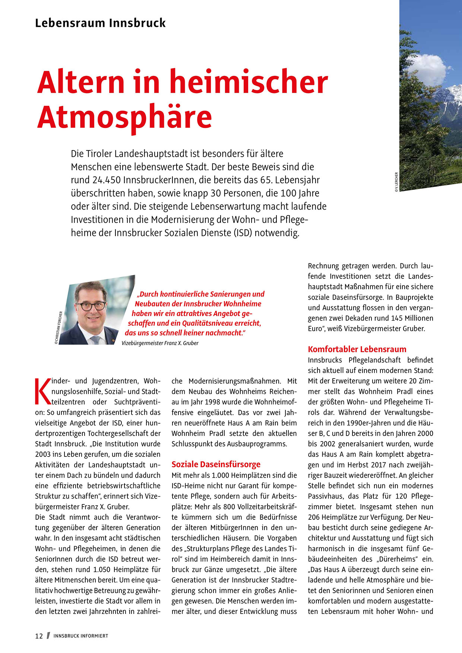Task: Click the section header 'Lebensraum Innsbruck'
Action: (x=100, y=23)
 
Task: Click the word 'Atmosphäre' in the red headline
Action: (x=124, y=116)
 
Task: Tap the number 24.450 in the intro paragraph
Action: (x=106, y=180)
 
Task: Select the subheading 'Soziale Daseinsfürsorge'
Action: (x=216, y=464)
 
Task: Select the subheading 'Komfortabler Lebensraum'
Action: (x=357, y=349)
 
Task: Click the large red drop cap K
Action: (x=42, y=391)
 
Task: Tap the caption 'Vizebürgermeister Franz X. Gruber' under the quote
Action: (x=160, y=343)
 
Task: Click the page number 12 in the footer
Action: (x=39, y=636)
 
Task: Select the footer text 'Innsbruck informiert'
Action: (x=80, y=636)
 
